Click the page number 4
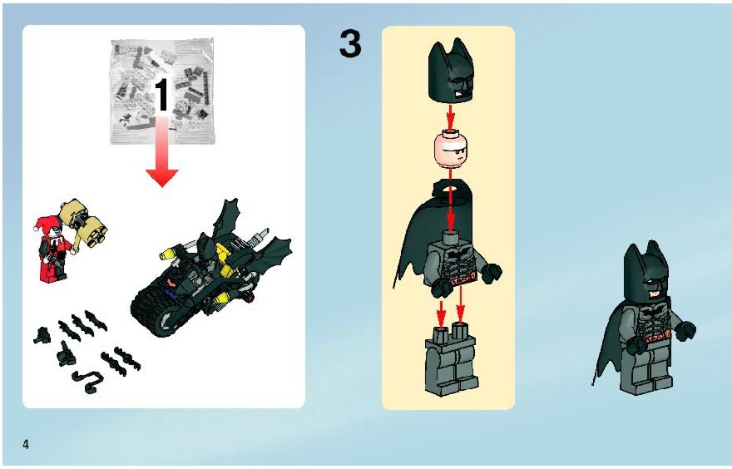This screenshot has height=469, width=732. point(26,444)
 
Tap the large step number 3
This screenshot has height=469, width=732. point(350,44)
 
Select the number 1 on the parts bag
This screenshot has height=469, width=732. point(161,95)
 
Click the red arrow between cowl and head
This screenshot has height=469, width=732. point(451,117)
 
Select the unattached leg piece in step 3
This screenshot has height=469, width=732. point(451,359)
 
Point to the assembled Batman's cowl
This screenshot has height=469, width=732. point(646,274)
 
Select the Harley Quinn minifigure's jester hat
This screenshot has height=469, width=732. point(47,224)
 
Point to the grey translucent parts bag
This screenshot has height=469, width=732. point(163,91)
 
